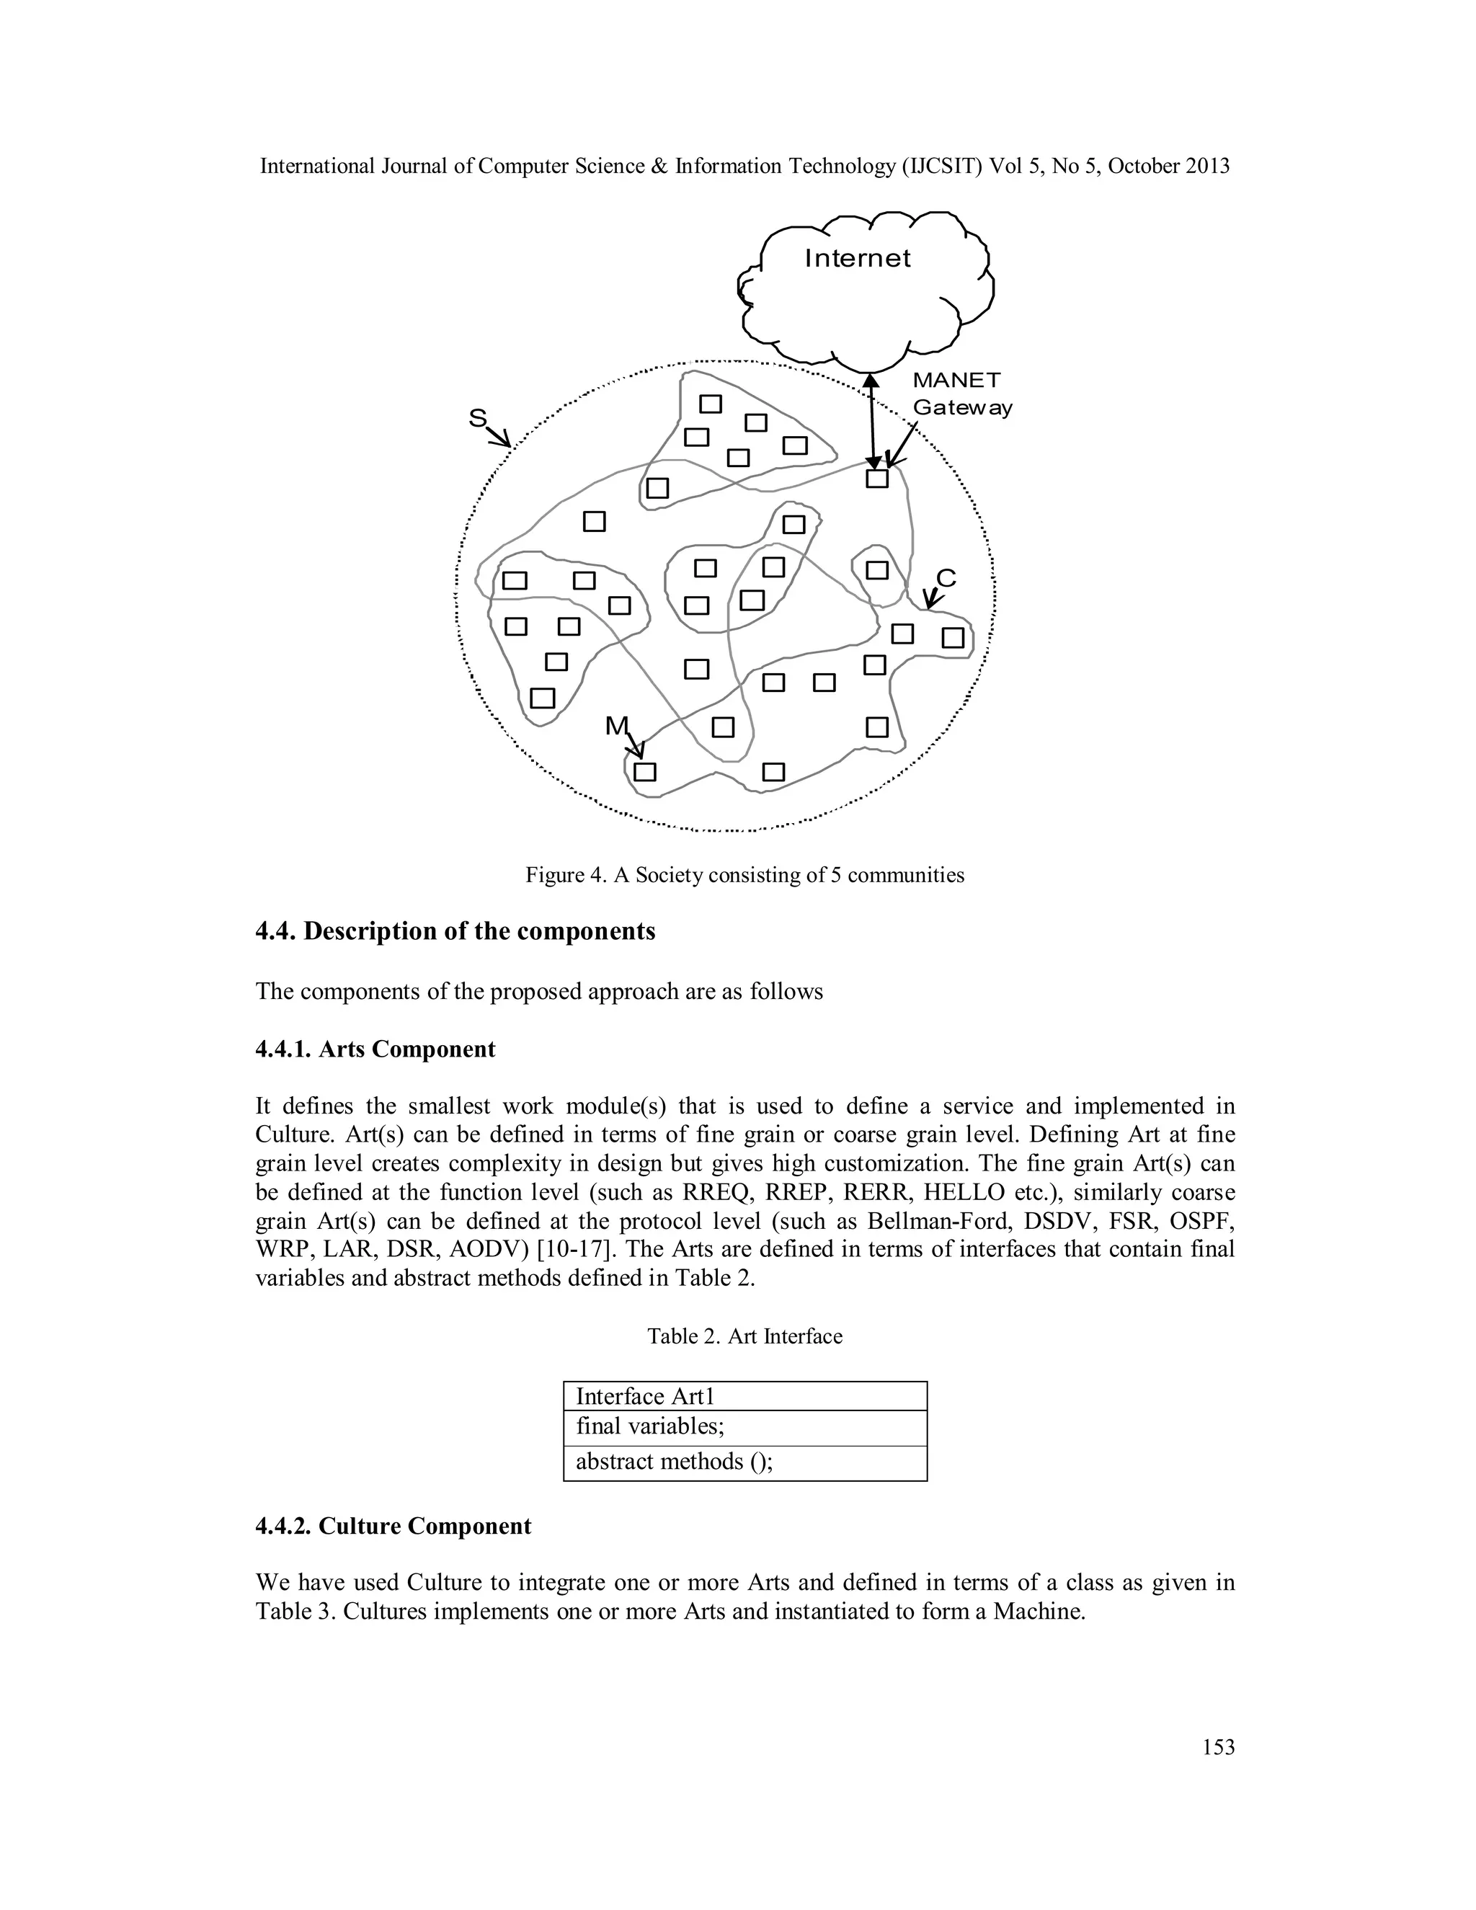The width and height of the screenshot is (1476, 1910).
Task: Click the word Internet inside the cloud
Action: [857, 258]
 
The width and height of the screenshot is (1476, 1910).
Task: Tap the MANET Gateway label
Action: [962, 394]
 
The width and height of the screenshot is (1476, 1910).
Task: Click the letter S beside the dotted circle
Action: [477, 419]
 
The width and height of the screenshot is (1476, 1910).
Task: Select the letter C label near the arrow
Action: [946, 578]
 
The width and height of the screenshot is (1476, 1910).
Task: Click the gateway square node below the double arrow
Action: [876, 479]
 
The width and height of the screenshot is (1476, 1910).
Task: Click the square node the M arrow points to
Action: [644, 771]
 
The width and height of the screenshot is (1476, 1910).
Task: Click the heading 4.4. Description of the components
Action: [455, 931]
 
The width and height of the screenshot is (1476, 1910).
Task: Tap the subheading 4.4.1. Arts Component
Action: [375, 1049]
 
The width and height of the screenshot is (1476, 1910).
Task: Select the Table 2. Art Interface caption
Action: [744, 1336]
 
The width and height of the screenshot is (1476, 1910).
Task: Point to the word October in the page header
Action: [1144, 166]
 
